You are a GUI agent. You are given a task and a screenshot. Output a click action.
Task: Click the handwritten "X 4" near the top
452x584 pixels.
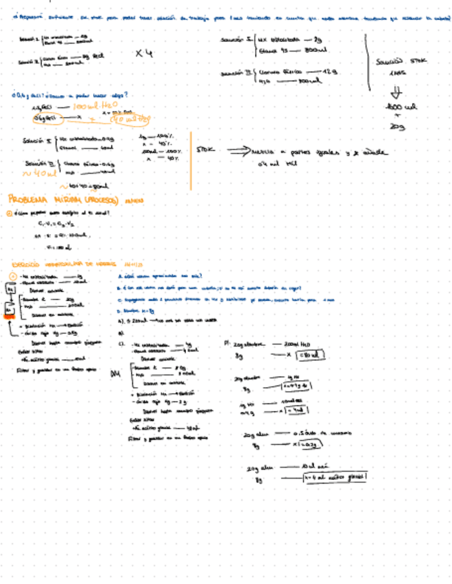(x=143, y=53)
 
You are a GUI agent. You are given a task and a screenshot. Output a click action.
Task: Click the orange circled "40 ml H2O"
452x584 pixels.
(x=133, y=118)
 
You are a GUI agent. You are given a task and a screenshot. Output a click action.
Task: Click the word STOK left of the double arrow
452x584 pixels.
(x=206, y=149)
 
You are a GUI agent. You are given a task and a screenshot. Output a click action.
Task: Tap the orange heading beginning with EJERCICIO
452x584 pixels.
(x=67, y=263)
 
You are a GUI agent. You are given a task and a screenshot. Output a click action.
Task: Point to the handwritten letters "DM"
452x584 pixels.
(x=116, y=374)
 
